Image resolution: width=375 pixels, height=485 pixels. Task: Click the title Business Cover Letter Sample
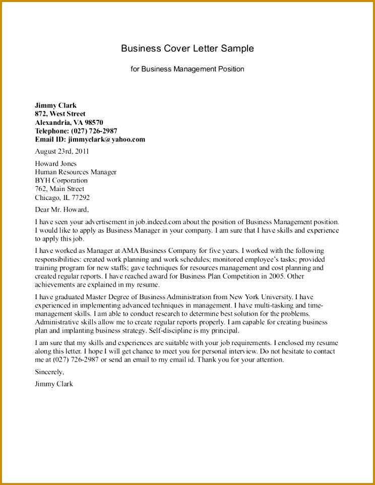pyautogui.click(x=187, y=49)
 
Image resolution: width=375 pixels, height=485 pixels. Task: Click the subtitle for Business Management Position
pyautogui.click(x=187, y=69)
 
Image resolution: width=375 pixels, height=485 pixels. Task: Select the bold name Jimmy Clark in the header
pyautogui.click(x=55, y=105)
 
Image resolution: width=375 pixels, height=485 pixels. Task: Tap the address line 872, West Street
pyautogui.click(x=60, y=114)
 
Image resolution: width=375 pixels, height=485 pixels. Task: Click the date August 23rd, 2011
pyautogui.click(x=62, y=151)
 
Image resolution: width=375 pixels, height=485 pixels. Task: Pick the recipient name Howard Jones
pyautogui.click(x=55, y=164)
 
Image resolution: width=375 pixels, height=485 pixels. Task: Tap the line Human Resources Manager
pyautogui.click(x=76, y=172)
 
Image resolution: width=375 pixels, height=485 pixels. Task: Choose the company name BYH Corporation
pyautogui.click(x=61, y=180)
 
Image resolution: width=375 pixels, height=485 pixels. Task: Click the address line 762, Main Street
pyautogui.click(x=59, y=189)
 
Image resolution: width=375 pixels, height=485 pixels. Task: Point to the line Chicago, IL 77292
pyautogui.click(x=62, y=197)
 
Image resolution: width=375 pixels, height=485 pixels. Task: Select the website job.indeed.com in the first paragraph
pyautogui.click(x=158, y=222)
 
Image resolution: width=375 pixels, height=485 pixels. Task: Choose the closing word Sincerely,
pyautogui.click(x=49, y=372)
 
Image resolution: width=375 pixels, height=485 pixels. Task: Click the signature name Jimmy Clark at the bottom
pyautogui.click(x=54, y=384)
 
